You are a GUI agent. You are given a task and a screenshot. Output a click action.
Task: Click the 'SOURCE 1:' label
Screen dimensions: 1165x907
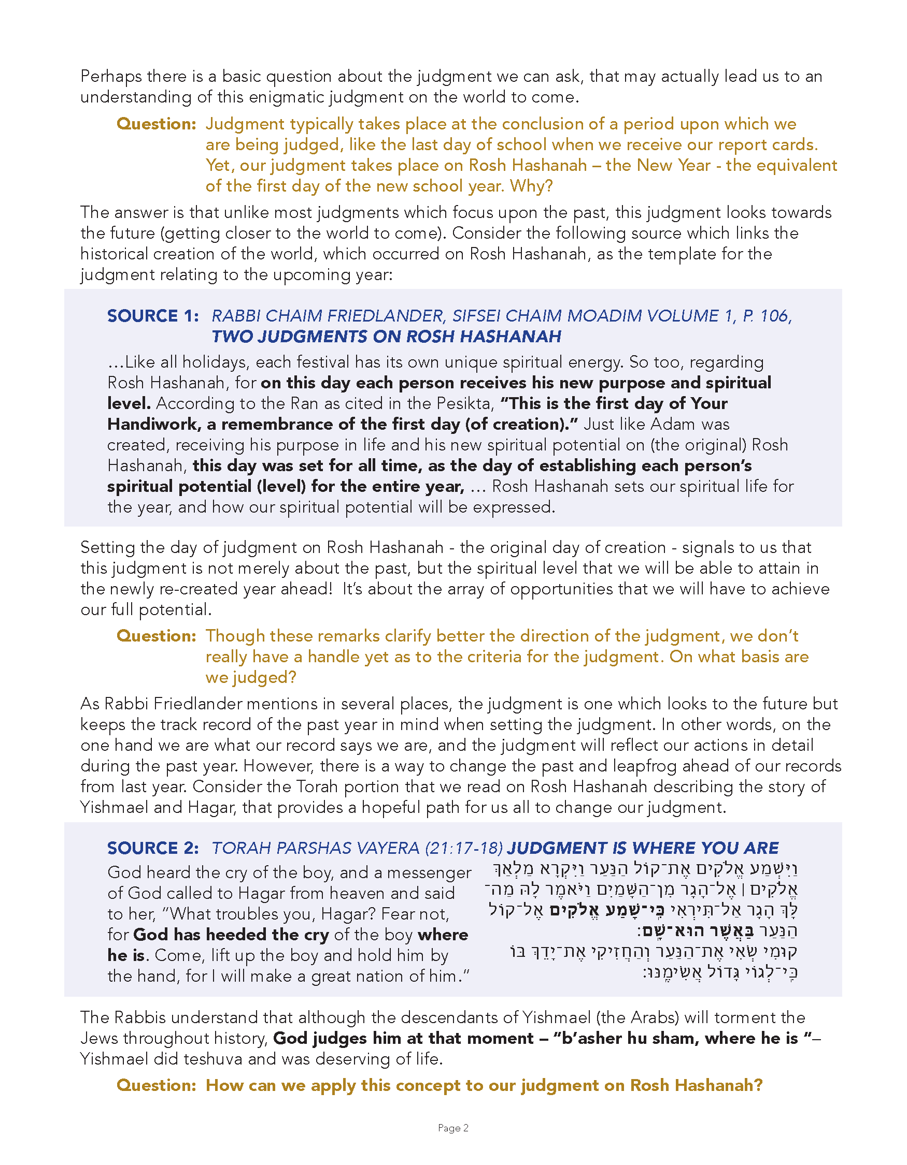153,316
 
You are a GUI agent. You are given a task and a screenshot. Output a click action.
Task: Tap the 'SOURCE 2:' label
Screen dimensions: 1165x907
153,848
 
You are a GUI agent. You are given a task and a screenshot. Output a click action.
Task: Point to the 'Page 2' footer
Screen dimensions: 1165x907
452,1128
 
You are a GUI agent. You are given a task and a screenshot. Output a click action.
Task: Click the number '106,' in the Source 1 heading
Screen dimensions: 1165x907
776,316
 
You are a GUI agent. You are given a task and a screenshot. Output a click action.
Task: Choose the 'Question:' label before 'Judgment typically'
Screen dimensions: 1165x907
157,124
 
